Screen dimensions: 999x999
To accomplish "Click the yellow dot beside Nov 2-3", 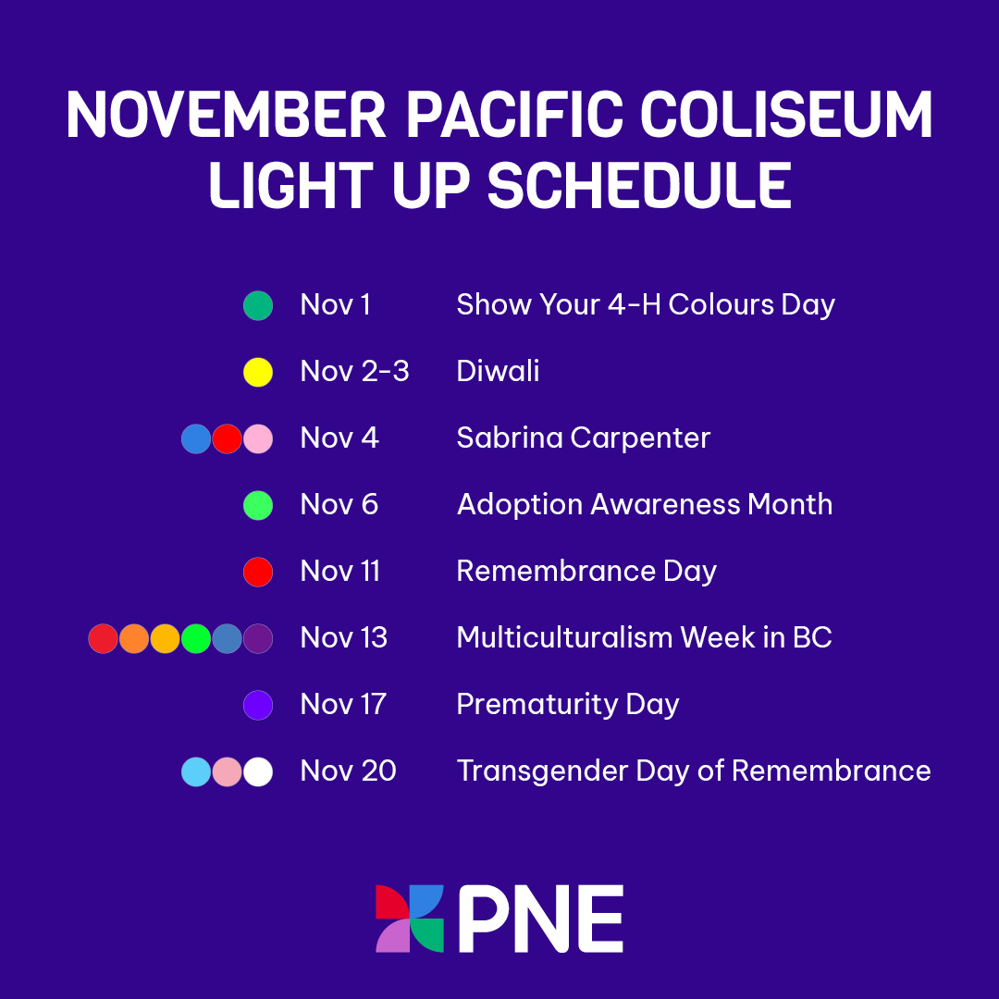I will coord(258,372).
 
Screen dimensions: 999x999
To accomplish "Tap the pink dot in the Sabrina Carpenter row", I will coord(258,438).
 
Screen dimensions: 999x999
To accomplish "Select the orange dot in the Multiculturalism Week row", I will coord(134,638).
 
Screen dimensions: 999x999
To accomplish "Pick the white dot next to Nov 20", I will coord(258,771).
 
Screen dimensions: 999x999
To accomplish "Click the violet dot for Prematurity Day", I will coord(258,705).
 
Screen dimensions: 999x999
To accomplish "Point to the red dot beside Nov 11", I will coord(258,572).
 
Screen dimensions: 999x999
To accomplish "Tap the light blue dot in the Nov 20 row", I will coord(196,771).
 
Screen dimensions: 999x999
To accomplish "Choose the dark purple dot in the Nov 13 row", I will coord(258,638).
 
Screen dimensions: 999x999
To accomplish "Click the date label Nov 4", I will coord(339,438).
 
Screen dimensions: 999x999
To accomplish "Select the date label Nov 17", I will coord(343,705).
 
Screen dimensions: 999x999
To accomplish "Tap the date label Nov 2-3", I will coord(354,372).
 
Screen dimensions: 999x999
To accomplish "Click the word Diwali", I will coord(498,372).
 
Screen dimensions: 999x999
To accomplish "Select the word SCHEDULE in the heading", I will coord(639,185).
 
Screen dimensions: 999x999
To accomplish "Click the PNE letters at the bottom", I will coord(540,919).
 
